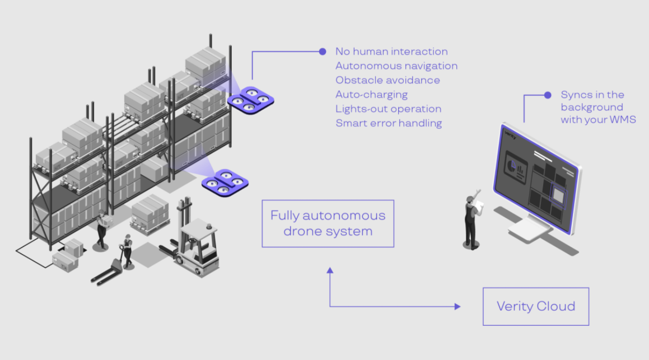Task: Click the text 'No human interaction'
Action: click(x=391, y=52)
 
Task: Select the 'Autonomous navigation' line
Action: click(x=396, y=66)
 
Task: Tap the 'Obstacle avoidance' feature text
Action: click(x=387, y=80)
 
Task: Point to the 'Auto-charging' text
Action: click(x=371, y=95)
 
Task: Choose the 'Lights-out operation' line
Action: click(x=388, y=109)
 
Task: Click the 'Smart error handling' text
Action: click(x=389, y=123)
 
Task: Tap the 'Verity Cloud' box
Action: click(x=536, y=306)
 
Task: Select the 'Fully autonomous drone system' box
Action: click(x=328, y=223)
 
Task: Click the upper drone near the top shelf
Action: click(x=250, y=99)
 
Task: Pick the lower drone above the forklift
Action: click(x=225, y=182)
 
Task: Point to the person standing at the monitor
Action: click(x=472, y=219)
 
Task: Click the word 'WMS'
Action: click(x=624, y=119)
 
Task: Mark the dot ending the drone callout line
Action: click(x=323, y=52)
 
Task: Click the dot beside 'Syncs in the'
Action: click(x=548, y=95)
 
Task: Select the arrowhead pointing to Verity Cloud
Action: click(x=457, y=306)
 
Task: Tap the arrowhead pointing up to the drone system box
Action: click(x=330, y=270)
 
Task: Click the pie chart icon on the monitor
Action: click(x=511, y=166)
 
